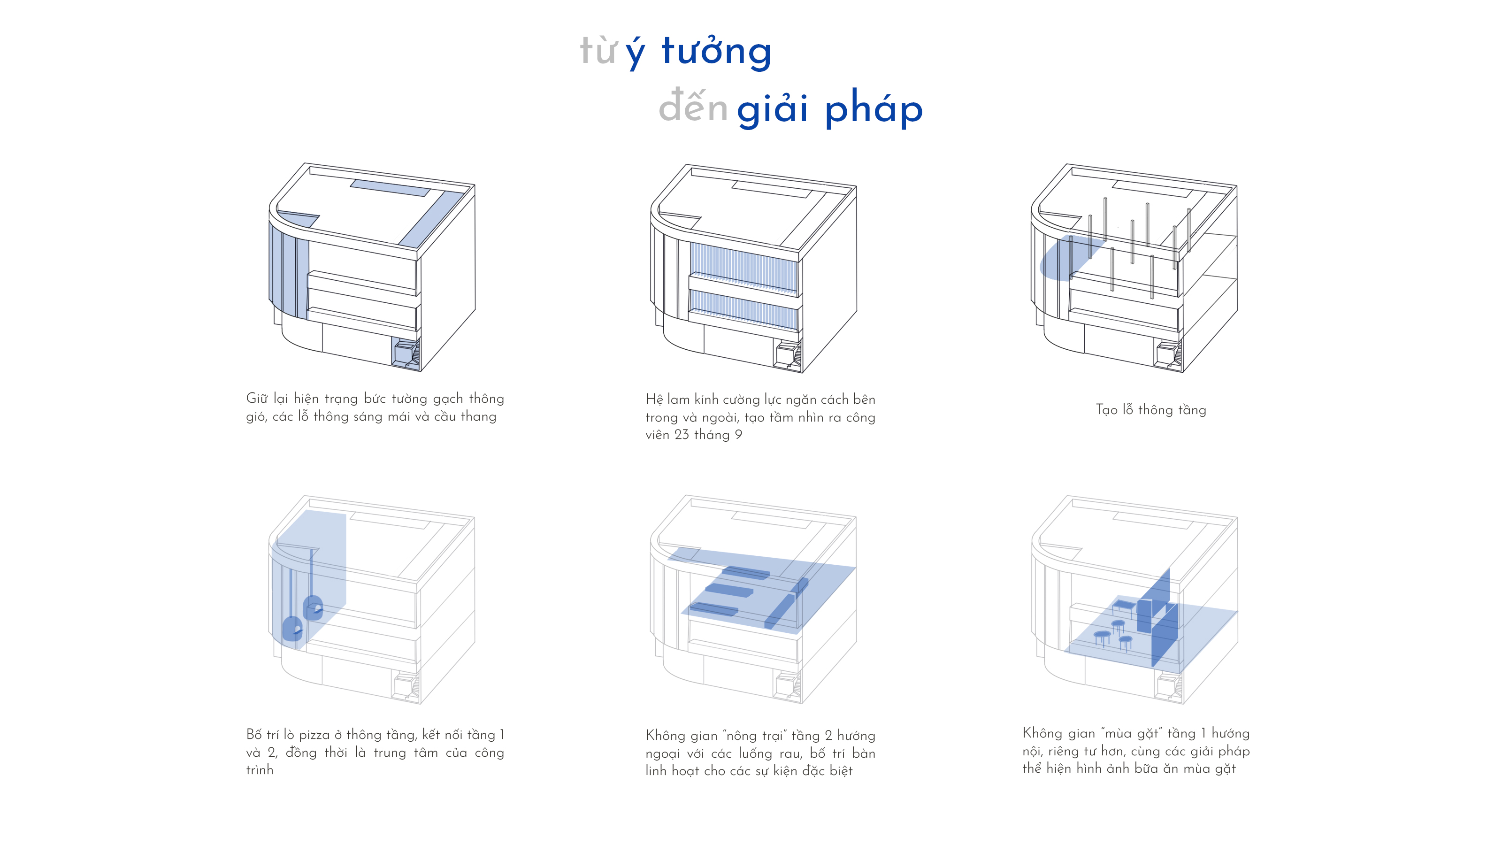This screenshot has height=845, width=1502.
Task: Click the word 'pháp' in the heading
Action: click(x=874, y=108)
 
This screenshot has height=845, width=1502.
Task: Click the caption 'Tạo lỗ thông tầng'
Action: click(x=1151, y=409)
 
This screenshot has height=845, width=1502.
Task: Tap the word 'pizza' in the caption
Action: click(x=314, y=735)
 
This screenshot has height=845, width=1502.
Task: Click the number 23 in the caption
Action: click(x=682, y=434)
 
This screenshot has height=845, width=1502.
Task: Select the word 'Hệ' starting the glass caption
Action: click(x=654, y=399)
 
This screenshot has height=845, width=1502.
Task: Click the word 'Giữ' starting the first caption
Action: click(x=257, y=398)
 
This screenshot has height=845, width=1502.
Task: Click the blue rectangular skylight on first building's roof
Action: click(x=390, y=188)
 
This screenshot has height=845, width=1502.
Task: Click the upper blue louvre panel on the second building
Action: click(x=743, y=267)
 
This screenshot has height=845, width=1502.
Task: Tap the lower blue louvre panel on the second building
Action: click(x=743, y=310)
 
